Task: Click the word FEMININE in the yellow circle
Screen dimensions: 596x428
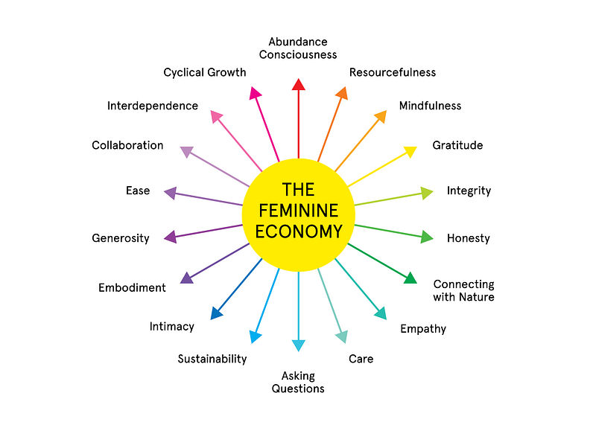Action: coord(299,211)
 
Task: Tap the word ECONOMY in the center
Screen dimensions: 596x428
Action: coord(299,231)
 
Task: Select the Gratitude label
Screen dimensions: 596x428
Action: coord(457,145)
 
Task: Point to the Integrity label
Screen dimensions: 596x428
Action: coord(469,191)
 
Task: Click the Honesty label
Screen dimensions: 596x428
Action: coord(469,238)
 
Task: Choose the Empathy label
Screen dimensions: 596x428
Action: coord(423,329)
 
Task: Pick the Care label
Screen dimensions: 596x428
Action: coord(361,359)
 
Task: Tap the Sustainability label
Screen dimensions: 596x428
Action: coord(212,359)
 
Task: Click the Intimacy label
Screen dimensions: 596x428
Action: coord(172,327)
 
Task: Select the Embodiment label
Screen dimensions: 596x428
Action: coord(132,287)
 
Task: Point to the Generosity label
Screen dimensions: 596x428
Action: coord(121,238)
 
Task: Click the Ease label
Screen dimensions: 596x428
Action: coord(138,191)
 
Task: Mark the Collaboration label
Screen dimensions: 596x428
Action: coord(127,145)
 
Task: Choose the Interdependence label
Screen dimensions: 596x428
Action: coord(153,106)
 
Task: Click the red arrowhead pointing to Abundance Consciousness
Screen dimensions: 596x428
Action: coord(299,85)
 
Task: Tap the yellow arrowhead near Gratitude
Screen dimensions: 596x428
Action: coord(410,151)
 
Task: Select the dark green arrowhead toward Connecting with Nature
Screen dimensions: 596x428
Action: coord(410,278)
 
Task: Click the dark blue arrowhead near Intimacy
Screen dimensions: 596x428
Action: coord(216,313)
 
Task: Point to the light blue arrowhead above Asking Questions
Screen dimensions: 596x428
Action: coord(299,345)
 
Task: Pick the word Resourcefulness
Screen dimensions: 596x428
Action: coord(393,72)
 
